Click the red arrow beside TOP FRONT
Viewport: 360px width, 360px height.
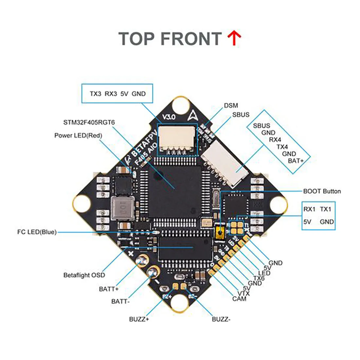coord(234,39)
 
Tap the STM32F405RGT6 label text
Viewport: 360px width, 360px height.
coord(89,123)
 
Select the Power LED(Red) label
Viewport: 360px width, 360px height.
coord(78,135)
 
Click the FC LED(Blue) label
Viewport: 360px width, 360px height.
coord(37,232)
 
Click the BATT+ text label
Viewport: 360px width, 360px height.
coord(109,289)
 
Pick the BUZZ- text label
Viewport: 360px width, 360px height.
coord(221,319)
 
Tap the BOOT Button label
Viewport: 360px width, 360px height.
coord(322,191)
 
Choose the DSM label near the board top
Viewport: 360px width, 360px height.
coord(231,106)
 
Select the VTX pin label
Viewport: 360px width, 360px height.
coord(243,294)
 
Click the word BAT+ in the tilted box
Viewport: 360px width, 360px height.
coord(296,161)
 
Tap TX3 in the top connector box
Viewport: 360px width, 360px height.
coord(96,94)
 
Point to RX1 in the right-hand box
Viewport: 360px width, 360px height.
coord(309,209)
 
